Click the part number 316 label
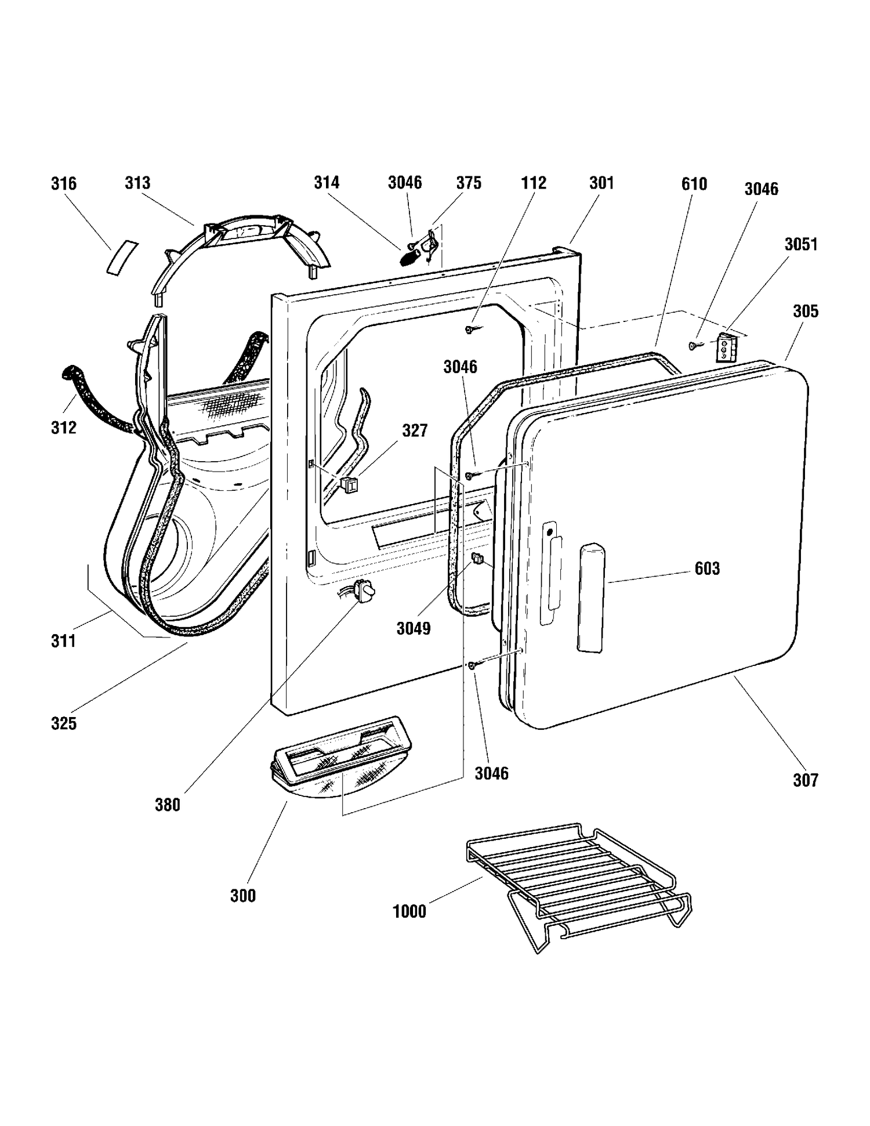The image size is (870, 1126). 64,184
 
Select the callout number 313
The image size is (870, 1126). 137,183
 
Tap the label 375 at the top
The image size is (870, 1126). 469,183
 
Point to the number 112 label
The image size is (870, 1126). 534,183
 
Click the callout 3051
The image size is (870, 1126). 801,244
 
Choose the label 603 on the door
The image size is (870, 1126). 707,569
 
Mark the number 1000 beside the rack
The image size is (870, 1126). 409,911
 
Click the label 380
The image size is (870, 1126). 168,805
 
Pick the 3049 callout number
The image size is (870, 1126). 414,628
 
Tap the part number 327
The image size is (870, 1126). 415,430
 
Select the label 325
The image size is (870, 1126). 64,723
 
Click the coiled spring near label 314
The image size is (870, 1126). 409,255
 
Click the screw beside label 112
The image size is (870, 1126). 470,330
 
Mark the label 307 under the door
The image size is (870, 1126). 806,780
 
